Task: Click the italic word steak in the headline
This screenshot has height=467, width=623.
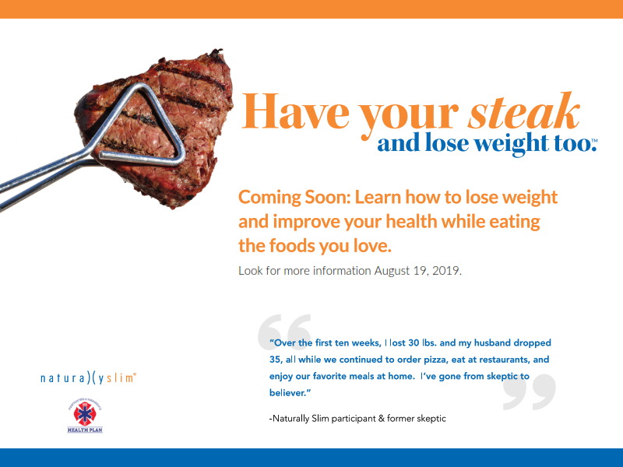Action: (x=523, y=111)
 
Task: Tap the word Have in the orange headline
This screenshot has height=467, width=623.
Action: (x=296, y=111)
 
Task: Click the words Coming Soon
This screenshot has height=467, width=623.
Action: (x=294, y=198)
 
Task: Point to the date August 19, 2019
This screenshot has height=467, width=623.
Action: (x=417, y=271)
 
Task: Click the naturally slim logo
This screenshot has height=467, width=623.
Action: (x=88, y=377)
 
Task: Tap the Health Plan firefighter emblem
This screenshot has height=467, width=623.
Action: (x=85, y=415)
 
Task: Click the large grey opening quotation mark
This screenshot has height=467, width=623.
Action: (x=284, y=332)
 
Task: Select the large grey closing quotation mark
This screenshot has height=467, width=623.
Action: (x=530, y=392)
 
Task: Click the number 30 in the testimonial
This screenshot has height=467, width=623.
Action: (x=414, y=342)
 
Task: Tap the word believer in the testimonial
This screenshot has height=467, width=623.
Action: (x=287, y=393)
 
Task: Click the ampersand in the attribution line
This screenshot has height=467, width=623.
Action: (x=382, y=418)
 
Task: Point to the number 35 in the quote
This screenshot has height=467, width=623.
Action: (x=275, y=360)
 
